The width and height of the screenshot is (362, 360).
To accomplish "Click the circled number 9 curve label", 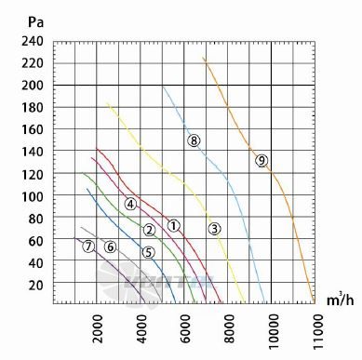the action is [261, 161].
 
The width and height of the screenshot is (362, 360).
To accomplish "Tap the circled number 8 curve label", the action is [194, 140].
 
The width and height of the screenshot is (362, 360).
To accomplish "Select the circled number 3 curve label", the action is [214, 229].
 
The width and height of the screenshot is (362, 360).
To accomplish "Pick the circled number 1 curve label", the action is [174, 225].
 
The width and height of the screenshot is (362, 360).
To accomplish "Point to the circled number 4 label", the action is [130, 204].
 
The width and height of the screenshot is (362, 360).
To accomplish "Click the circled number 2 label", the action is [150, 230].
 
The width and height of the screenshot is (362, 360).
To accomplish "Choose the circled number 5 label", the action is [149, 253].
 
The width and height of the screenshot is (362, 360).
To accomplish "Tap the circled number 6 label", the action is [110, 247].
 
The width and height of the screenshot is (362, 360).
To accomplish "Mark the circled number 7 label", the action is [88, 247].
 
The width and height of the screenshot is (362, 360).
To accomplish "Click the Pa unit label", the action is [35, 22].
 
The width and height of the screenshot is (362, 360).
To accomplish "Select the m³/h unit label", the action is [340, 300].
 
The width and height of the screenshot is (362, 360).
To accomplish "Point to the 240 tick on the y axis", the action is [33, 41].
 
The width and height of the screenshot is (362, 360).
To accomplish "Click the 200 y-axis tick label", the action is [33, 86].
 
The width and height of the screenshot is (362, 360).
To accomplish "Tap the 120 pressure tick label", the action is [33, 175].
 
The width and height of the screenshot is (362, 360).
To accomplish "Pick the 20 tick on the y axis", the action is [36, 286].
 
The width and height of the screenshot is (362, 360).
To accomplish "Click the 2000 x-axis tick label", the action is [98, 328].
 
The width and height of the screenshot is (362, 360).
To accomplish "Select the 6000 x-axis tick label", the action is [185, 328].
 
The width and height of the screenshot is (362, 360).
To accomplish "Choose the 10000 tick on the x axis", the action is [274, 331].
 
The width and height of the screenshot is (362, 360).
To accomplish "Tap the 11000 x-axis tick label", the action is [317, 331].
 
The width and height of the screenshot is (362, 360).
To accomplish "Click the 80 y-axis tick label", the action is [36, 219].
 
